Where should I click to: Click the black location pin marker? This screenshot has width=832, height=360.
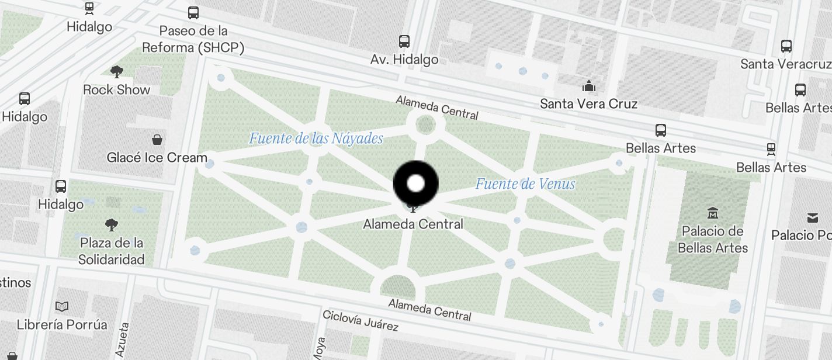415,184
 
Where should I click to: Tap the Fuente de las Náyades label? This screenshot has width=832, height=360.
316,139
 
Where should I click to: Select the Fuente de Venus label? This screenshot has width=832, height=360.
525,184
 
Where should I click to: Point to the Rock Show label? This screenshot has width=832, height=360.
117,90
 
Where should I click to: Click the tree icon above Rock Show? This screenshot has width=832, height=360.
117,72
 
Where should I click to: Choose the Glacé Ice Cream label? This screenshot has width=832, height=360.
157,157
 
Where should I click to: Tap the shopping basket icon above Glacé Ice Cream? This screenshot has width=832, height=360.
157,140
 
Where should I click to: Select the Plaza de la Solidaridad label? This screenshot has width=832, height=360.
112,251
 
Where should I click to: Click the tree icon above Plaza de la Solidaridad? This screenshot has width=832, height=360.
112,224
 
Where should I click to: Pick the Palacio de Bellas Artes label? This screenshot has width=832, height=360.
713,239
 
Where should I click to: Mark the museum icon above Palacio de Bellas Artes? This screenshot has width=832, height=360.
712,213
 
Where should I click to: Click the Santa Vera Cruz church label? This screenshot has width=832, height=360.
588,104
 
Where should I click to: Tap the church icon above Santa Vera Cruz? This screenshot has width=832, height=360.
588,86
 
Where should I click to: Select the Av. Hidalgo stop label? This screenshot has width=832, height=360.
404,59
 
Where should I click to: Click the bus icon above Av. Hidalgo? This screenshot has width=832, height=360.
404,41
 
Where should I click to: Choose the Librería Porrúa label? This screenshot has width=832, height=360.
62,324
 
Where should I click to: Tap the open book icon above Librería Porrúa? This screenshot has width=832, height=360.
62,306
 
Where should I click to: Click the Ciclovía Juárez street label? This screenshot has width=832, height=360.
360,321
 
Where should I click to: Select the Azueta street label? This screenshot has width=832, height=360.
122,340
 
